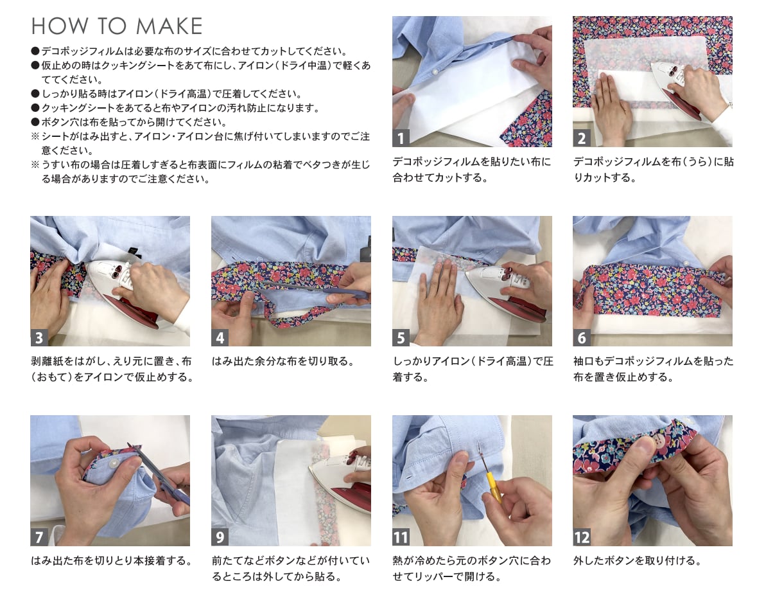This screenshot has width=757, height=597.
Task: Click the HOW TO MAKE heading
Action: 117,26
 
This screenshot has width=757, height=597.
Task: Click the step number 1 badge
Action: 401,138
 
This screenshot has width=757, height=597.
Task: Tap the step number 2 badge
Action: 581,138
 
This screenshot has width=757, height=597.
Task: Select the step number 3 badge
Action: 39,337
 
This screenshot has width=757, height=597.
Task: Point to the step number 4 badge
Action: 220,337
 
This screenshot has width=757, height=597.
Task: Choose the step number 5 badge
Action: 401,337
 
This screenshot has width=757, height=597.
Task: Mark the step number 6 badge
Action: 581,337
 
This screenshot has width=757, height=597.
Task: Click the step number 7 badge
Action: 39,537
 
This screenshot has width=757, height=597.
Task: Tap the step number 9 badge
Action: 220,537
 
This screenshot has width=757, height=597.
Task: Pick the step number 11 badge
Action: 401,537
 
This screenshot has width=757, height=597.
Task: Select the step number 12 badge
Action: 582,537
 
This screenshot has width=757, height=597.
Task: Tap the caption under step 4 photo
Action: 284,361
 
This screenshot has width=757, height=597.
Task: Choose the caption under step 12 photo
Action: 637,560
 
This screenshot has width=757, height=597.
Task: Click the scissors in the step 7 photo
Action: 159,474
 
